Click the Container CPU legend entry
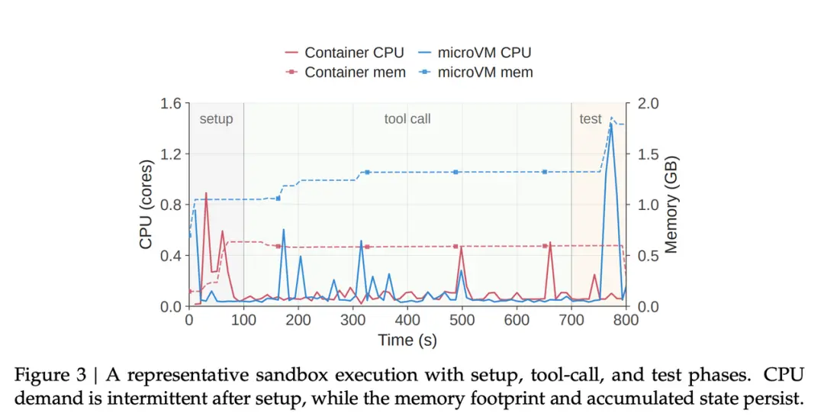(x=344, y=53)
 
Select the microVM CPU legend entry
(x=475, y=53)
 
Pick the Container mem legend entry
(x=346, y=72)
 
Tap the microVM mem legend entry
(x=475, y=72)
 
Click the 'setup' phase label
(x=216, y=119)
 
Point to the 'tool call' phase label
(x=407, y=119)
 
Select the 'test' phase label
(x=590, y=119)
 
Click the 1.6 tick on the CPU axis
(x=171, y=103)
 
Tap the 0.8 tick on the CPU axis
(x=171, y=205)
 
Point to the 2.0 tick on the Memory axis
(x=648, y=103)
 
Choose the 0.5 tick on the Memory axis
(x=648, y=256)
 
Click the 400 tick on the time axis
(x=407, y=320)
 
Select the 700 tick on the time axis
(x=571, y=320)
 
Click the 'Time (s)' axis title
(x=407, y=340)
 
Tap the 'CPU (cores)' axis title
(x=146, y=205)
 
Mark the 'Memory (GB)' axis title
(x=671, y=205)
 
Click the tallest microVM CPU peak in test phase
(x=611, y=124)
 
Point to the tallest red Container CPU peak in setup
(x=205, y=193)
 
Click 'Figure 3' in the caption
(x=50, y=375)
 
